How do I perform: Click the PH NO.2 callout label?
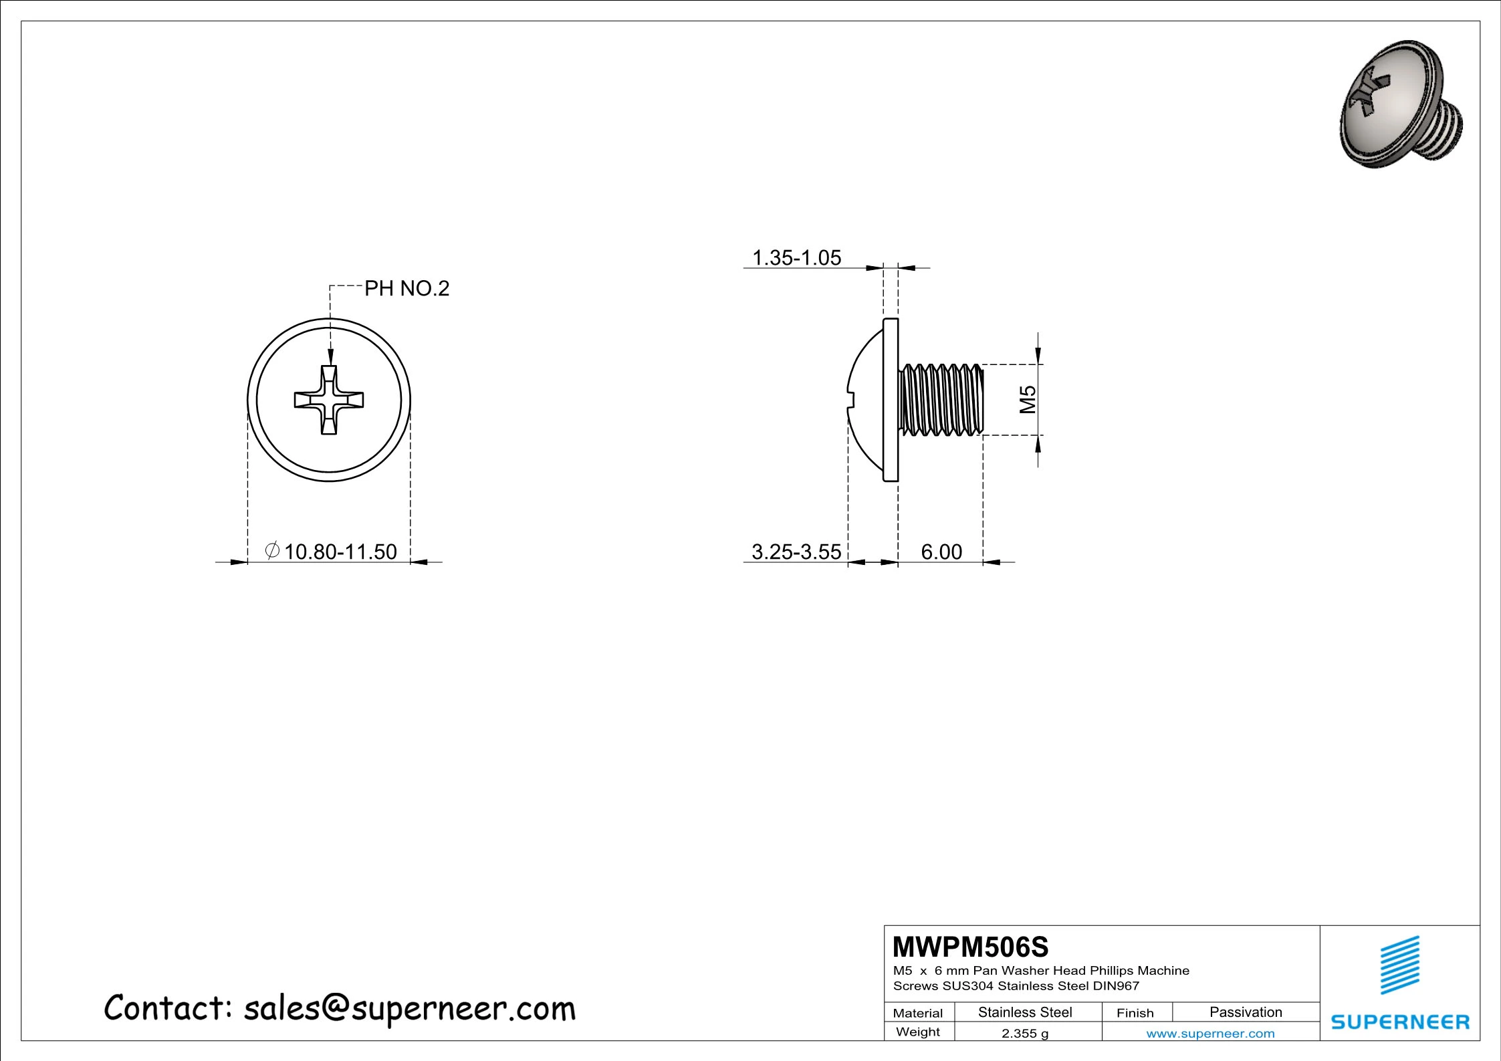point(407,289)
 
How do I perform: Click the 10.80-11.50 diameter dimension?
point(340,552)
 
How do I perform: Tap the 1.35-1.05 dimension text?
point(796,257)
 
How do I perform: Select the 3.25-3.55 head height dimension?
point(796,552)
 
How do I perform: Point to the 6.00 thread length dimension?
point(941,552)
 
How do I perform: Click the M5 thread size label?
point(1028,399)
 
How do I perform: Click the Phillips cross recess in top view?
point(329,400)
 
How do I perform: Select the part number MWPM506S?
point(971,947)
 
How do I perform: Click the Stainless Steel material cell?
point(1025,1012)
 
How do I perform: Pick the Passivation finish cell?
point(1246,1012)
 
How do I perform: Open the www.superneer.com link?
point(1210,1034)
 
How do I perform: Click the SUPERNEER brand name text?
point(1400,1022)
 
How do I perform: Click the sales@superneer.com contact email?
point(409,1008)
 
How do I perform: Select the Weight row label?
point(917,1032)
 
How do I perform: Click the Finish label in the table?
point(1135,1013)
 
